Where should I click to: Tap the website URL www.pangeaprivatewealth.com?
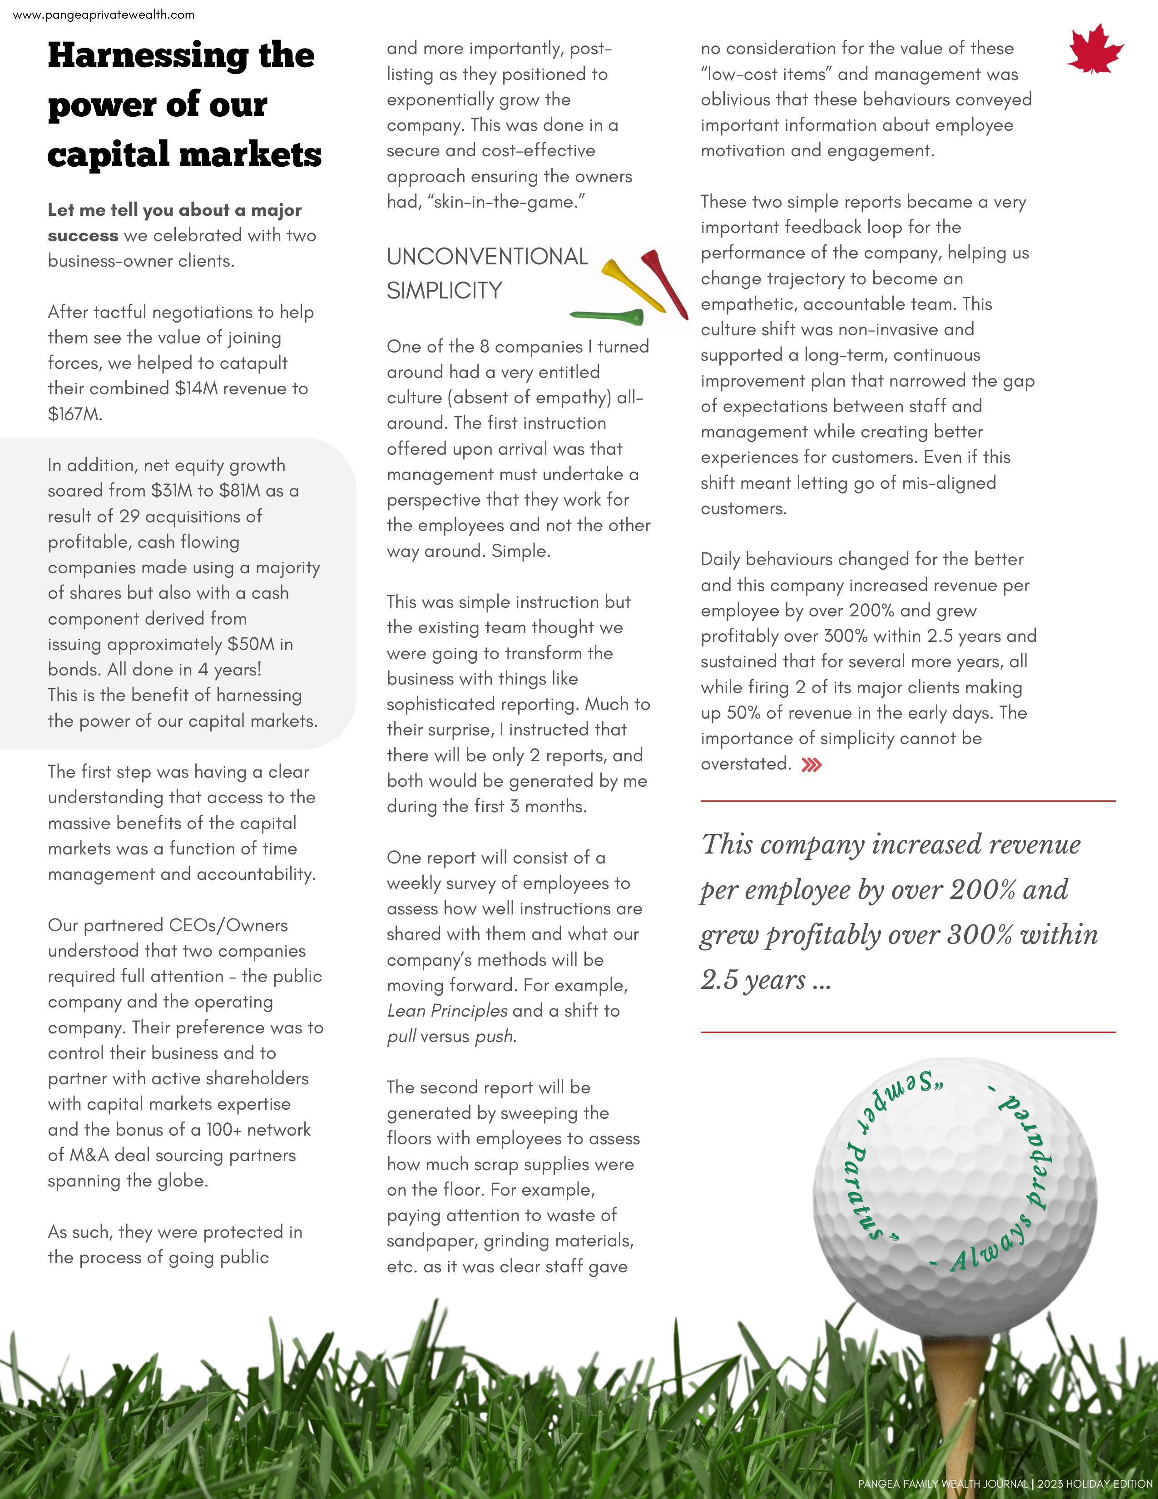(x=104, y=15)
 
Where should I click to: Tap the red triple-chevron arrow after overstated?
(x=812, y=764)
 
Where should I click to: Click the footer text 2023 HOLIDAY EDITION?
(x=1094, y=1484)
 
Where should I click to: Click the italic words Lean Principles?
(x=447, y=1011)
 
